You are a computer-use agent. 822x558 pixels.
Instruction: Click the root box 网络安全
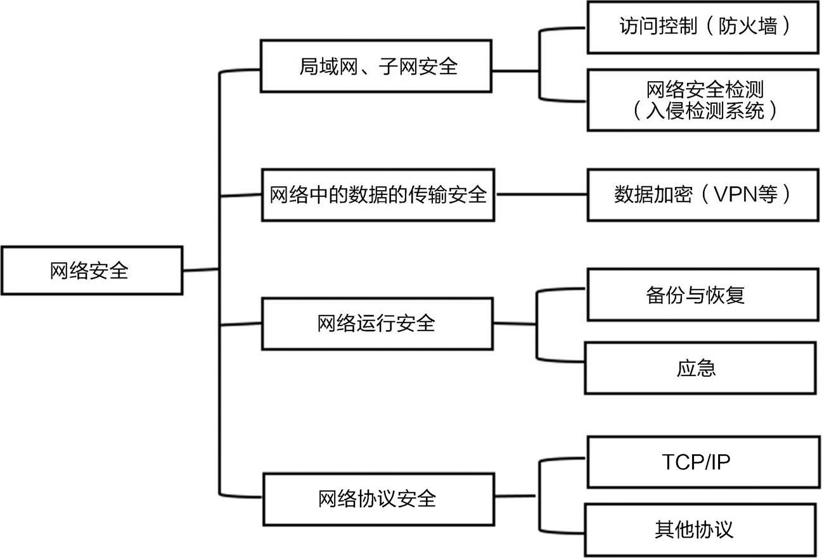click(x=92, y=270)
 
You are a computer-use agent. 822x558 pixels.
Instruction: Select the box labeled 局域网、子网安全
click(x=376, y=67)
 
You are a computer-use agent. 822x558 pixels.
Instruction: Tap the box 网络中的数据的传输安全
click(x=378, y=194)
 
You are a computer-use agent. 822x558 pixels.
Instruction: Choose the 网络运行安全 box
click(x=376, y=324)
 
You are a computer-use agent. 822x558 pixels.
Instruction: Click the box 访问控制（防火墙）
click(x=702, y=27)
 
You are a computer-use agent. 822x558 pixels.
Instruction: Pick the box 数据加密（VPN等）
click(x=702, y=194)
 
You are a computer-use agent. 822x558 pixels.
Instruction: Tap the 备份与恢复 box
click(x=702, y=295)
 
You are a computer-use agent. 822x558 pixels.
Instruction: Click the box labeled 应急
click(x=698, y=368)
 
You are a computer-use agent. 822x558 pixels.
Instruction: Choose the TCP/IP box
click(x=702, y=462)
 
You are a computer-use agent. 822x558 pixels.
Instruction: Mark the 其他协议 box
click(x=698, y=529)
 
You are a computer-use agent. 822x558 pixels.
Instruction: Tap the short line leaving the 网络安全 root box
click(x=201, y=270)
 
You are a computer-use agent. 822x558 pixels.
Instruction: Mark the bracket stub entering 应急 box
click(x=561, y=362)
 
